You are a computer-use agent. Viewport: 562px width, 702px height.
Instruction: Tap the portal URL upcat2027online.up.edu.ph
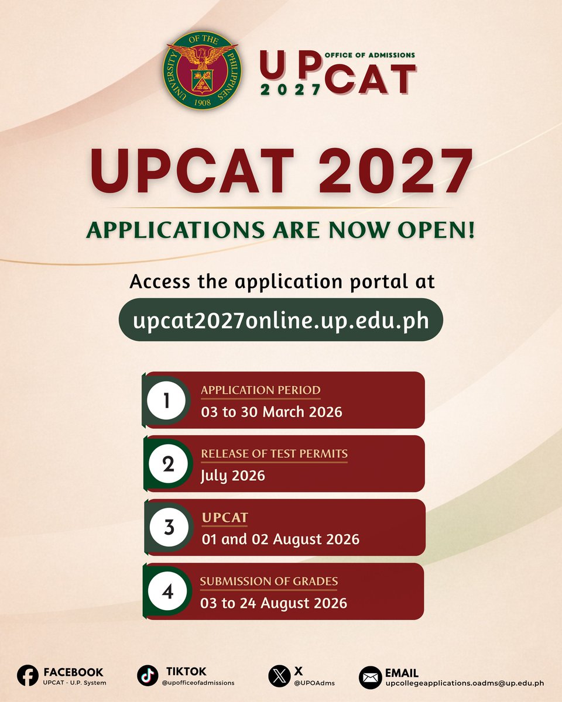tap(280, 320)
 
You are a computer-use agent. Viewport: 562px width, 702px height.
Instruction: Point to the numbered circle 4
tap(167, 591)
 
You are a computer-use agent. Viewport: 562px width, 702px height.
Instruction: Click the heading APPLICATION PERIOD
tap(261, 390)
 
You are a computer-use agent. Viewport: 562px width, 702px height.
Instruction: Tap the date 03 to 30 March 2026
tap(271, 412)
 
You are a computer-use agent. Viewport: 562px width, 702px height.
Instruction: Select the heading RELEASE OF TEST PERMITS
tap(274, 454)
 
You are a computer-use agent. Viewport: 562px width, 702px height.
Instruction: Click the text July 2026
tap(232, 476)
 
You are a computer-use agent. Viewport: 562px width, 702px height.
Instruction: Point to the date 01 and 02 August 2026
tap(280, 539)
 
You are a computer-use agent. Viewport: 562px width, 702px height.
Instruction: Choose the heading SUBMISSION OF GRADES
tap(269, 581)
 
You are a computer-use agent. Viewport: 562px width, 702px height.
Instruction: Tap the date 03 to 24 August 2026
tap(273, 603)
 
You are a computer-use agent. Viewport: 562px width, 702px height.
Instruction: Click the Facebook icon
tap(28, 676)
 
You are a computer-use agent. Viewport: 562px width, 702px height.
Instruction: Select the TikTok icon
tap(148, 676)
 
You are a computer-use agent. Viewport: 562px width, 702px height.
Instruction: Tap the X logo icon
tap(279, 676)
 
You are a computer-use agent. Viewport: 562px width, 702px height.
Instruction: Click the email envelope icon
tap(371, 677)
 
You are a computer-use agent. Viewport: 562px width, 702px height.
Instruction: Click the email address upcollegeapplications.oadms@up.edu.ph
tap(465, 682)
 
